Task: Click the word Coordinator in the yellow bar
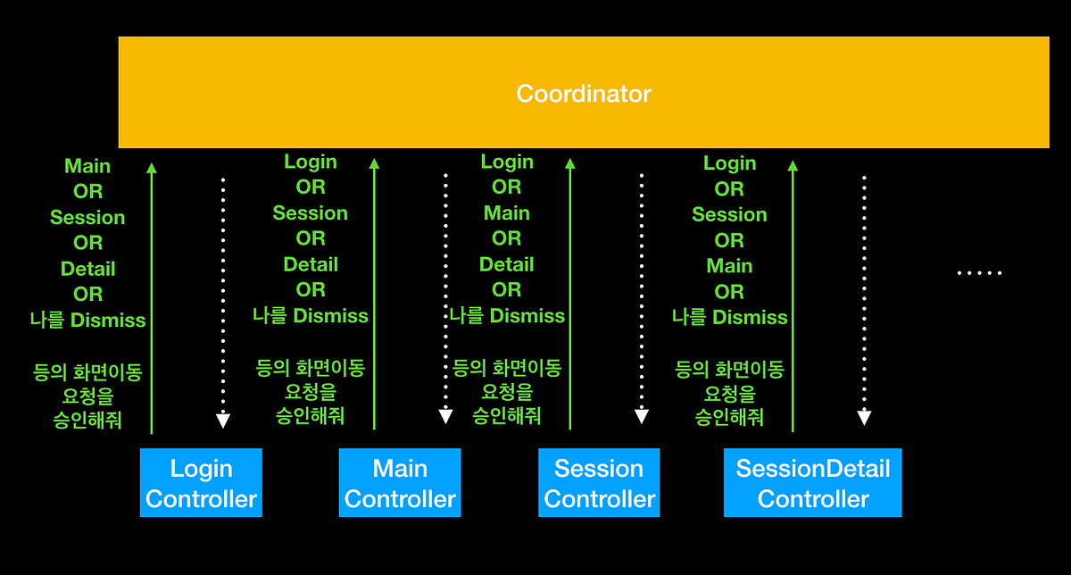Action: [584, 94]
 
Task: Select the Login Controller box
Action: [201, 483]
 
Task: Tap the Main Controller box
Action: [400, 483]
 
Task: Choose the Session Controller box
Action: [599, 483]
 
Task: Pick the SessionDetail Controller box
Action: [812, 483]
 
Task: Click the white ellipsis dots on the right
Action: [979, 273]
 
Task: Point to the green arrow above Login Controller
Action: [152, 295]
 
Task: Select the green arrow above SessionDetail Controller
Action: [793, 295]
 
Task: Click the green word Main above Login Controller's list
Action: [87, 166]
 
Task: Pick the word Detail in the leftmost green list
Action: [87, 269]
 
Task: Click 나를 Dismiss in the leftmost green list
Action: [87, 320]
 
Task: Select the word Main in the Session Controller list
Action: [506, 213]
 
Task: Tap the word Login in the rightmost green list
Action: [729, 163]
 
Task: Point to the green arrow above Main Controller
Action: [374, 295]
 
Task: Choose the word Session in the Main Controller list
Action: [310, 213]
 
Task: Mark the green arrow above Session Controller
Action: [570, 295]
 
